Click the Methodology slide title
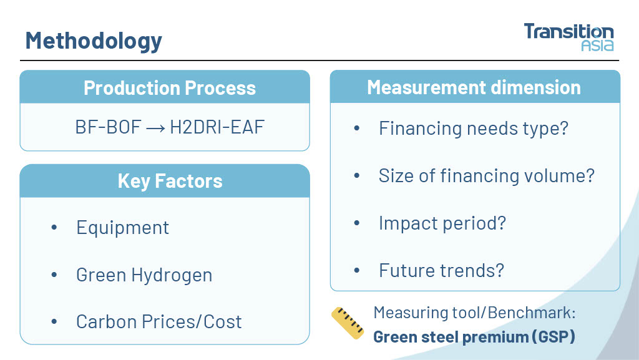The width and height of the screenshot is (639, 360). point(94,41)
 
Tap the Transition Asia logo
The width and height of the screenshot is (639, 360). point(568,37)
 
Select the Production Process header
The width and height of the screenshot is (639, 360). point(170,88)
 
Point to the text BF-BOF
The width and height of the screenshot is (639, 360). point(109,127)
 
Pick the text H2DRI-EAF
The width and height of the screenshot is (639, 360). point(217,127)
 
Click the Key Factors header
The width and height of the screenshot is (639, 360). point(170,181)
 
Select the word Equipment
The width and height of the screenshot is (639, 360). point(123,228)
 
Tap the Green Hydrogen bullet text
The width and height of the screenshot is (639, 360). point(144,275)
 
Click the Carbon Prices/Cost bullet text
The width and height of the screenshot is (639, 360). point(159,322)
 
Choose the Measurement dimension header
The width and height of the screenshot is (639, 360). point(474,87)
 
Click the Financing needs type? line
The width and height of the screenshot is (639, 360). point(474,129)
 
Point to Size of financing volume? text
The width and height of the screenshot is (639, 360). point(487,176)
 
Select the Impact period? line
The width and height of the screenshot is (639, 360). point(442,223)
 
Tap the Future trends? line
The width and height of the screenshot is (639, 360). point(441,270)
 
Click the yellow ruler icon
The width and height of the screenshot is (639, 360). point(348,323)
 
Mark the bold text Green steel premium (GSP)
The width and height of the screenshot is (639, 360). point(474,337)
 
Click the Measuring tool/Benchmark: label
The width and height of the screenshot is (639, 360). point(474,313)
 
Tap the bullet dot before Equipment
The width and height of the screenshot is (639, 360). point(54,228)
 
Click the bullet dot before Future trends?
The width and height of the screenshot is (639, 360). point(357,270)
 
